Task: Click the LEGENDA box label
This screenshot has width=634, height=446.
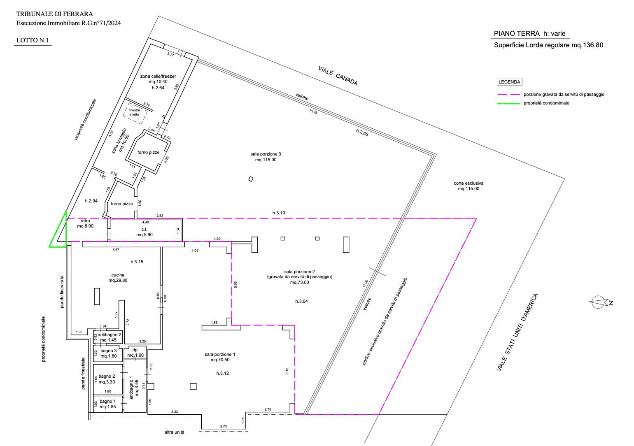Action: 509,82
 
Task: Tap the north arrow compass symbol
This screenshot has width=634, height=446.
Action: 600,302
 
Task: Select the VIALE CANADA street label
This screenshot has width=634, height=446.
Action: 338,76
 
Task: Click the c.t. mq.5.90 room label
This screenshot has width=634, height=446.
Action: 145,232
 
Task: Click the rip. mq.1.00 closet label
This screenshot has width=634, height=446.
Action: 135,352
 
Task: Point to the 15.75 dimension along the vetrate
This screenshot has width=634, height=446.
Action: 313,111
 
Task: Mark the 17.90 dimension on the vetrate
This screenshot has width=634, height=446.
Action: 366,283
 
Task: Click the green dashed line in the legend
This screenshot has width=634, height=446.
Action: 508,104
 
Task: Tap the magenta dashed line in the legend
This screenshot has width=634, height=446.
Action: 508,95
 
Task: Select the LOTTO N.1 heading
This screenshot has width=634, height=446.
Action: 33,40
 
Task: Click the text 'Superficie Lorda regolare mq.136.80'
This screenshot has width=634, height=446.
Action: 548,45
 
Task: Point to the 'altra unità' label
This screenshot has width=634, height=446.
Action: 175,432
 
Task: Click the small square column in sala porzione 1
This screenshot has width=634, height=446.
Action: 193,386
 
